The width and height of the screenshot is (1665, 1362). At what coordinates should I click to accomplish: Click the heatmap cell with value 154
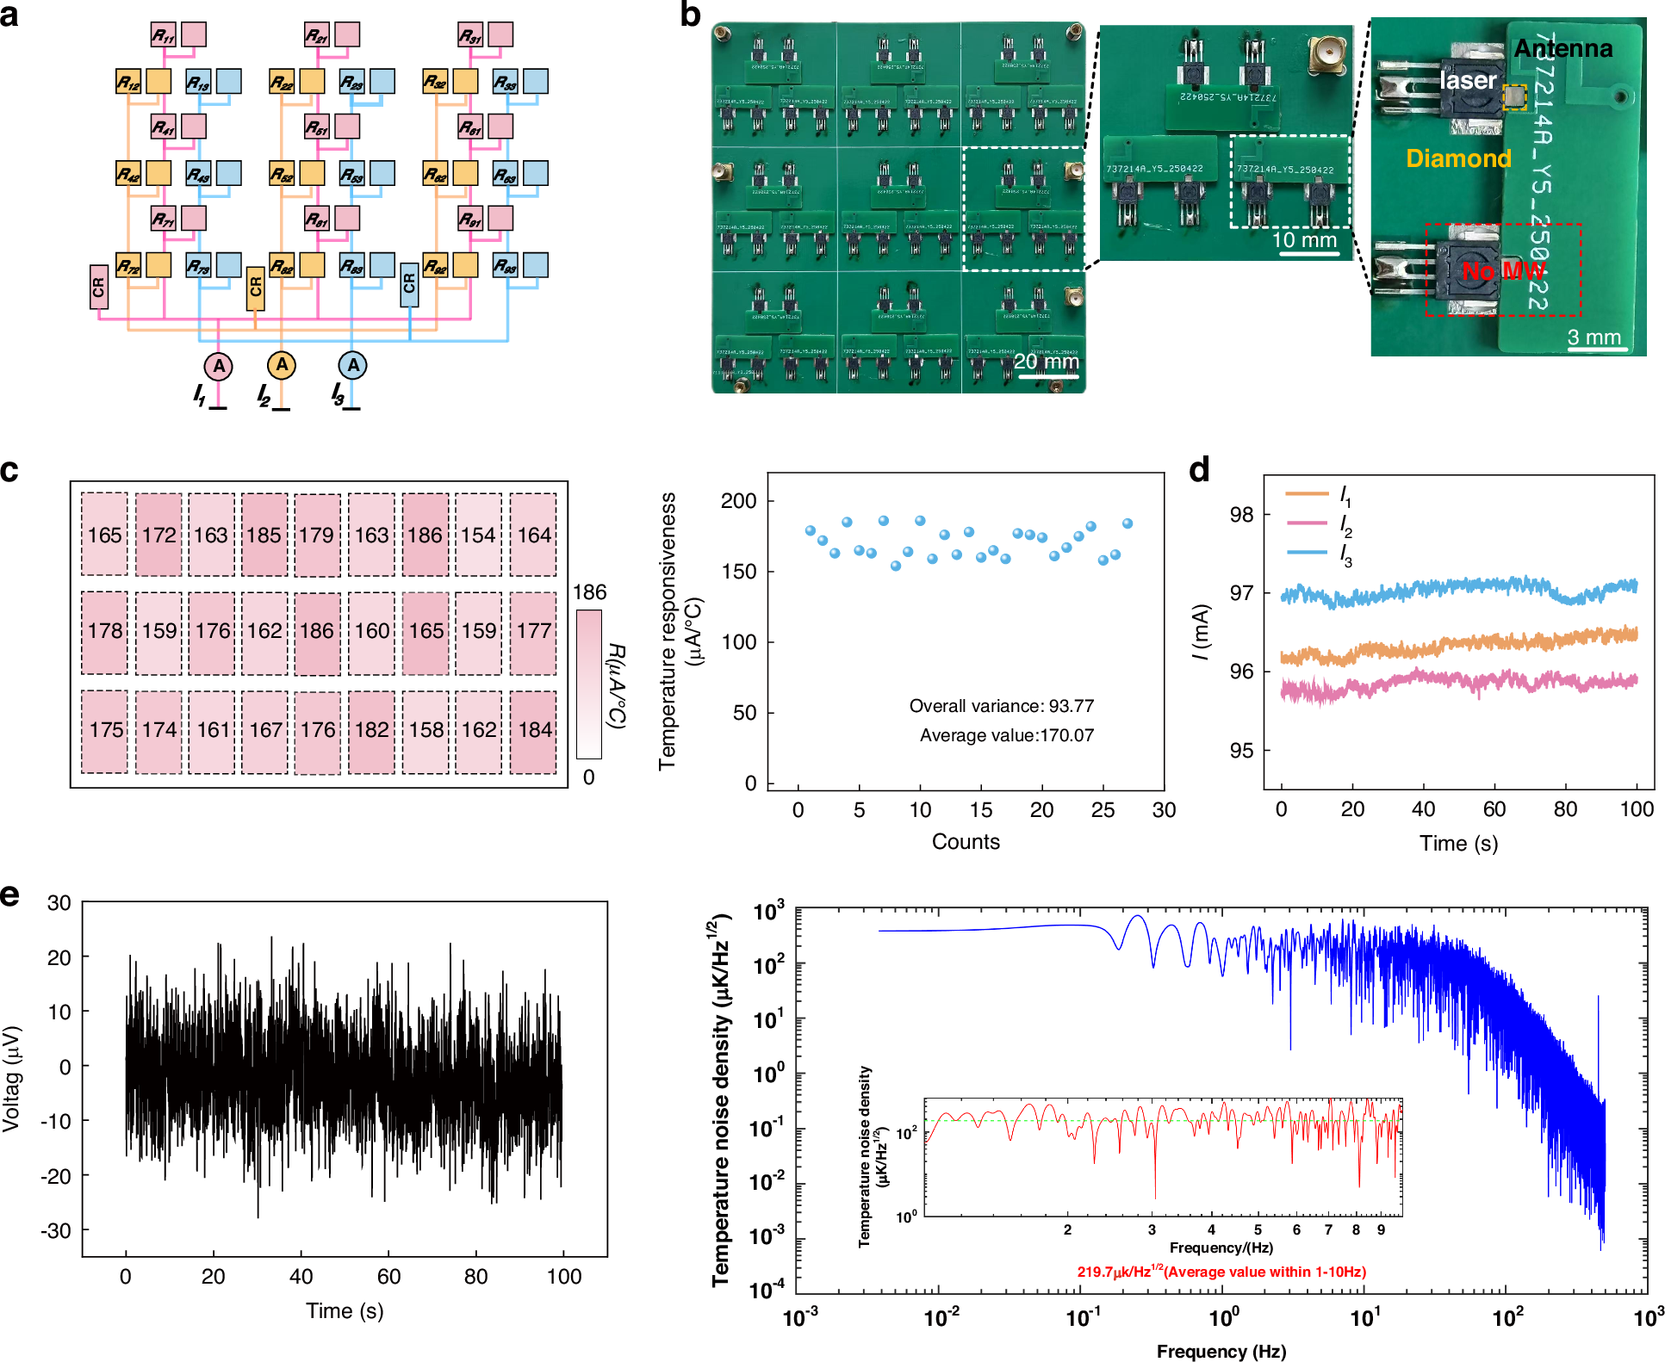pyautogui.click(x=478, y=535)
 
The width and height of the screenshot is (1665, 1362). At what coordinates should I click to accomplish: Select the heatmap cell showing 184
pyautogui.click(x=534, y=730)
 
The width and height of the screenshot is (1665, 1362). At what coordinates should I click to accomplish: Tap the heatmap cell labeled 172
pyautogui.click(x=158, y=535)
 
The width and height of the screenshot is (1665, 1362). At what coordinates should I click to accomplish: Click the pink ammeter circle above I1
pyautogui.click(x=219, y=366)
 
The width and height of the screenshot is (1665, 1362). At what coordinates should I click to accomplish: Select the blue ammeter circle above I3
pyautogui.click(x=352, y=365)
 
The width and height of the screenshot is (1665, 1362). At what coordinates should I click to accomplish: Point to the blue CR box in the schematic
pyautogui.click(x=409, y=284)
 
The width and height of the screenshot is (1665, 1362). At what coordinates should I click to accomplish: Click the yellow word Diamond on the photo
pyautogui.click(x=1458, y=158)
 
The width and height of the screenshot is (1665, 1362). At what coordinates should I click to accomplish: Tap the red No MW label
pyautogui.click(x=1503, y=271)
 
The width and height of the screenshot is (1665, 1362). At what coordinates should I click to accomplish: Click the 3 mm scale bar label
pyautogui.click(x=1594, y=337)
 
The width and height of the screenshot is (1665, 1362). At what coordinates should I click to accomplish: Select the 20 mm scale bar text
pyautogui.click(x=1046, y=362)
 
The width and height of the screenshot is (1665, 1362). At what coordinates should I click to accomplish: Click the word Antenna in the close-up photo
pyautogui.click(x=1562, y=48)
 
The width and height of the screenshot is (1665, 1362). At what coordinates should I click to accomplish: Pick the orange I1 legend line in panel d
pyautogui.click(x=1307, y=494)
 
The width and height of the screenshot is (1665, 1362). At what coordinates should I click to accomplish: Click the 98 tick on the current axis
pyautogui.click(x=1241, y=515)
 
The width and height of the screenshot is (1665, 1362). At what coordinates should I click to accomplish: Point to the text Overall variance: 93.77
pyautogui.click(x=1001, y=706)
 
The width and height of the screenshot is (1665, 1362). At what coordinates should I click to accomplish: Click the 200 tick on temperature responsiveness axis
pyautogui.click(x=738, y=501)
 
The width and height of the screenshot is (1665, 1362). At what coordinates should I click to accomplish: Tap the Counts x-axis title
pyautogui.click(x=966, y=842)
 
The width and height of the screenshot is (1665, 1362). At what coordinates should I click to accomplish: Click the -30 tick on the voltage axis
pyautogui.click(x=58, y=1231)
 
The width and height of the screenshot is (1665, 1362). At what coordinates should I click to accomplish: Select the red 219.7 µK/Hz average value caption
pyautogui.click(x=1221, y=1272)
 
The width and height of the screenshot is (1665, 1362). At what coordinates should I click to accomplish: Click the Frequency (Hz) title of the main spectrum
pyautogui.click(x=1221, y=1351)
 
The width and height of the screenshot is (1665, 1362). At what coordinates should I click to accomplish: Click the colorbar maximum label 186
pyautogui.click(x=590, y=592)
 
